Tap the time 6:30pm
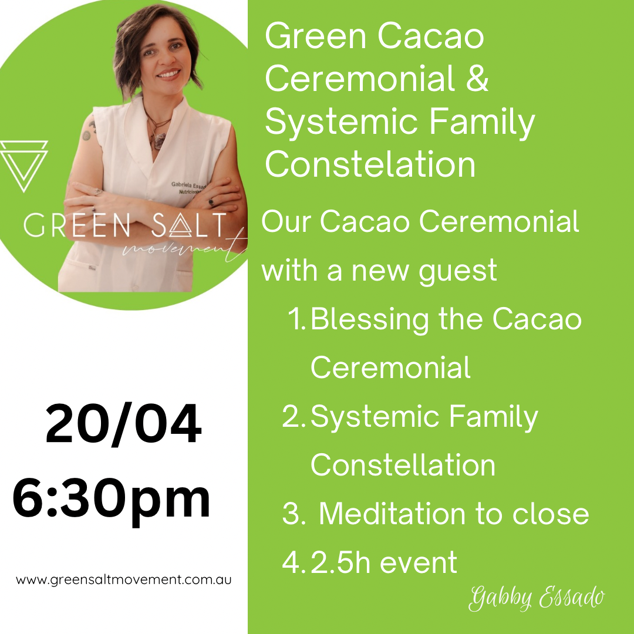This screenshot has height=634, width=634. pos(112,499)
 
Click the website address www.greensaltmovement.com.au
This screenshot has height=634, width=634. pos(124,580)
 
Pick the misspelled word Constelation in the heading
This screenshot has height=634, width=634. pos(370,164)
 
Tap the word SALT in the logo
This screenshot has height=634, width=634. pos(188,227)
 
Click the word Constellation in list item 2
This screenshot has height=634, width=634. pos(403,465)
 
